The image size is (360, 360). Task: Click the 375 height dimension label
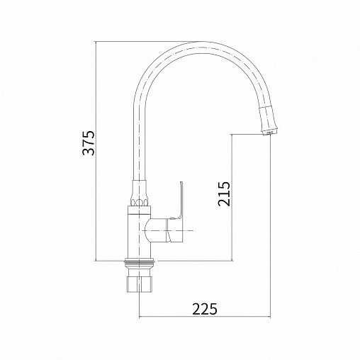pos(89,142)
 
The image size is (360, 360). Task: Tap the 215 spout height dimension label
pos(224,193)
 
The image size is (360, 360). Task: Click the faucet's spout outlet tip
pos(269,133)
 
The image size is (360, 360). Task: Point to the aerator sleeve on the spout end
pos(269,119)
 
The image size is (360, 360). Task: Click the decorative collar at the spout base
pos(140,193)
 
